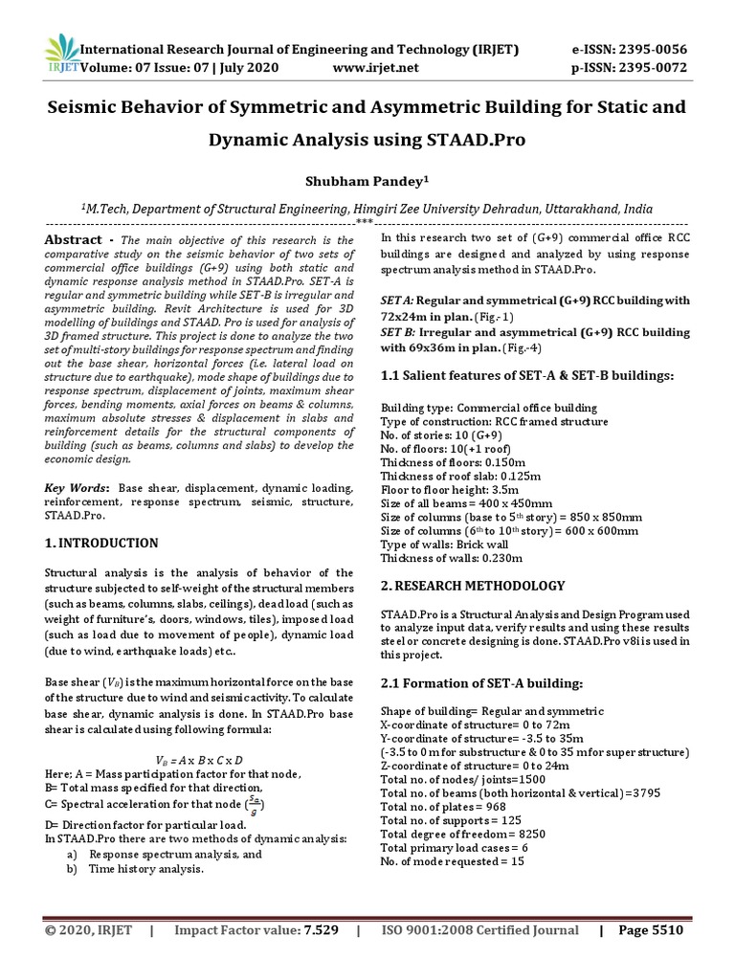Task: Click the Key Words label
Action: pos(78,488)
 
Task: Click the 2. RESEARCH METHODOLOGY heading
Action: pos(473,586)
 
